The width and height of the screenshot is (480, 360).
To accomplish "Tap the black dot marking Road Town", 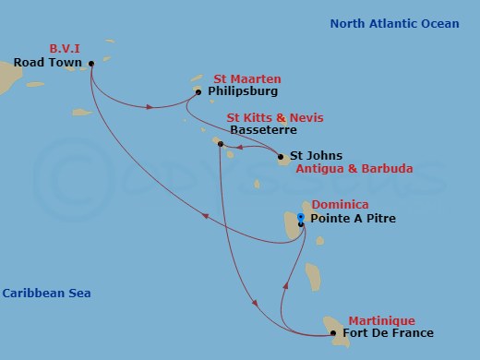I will point(90,64).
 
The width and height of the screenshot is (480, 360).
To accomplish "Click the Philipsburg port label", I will point(243,91).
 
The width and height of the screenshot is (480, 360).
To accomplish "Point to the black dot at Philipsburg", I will point(198,91).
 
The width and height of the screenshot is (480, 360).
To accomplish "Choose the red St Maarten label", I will point(246,78).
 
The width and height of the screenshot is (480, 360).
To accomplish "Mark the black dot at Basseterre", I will point(220,143).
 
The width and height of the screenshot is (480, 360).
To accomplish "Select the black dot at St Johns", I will point(280,157).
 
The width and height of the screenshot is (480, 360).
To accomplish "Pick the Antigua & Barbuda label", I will point(354,169).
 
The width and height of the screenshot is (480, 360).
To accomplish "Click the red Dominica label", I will point(340,205).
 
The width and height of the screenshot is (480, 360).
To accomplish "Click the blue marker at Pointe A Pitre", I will point(301,217).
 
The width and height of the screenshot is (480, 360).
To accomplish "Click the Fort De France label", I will point(387,332).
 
